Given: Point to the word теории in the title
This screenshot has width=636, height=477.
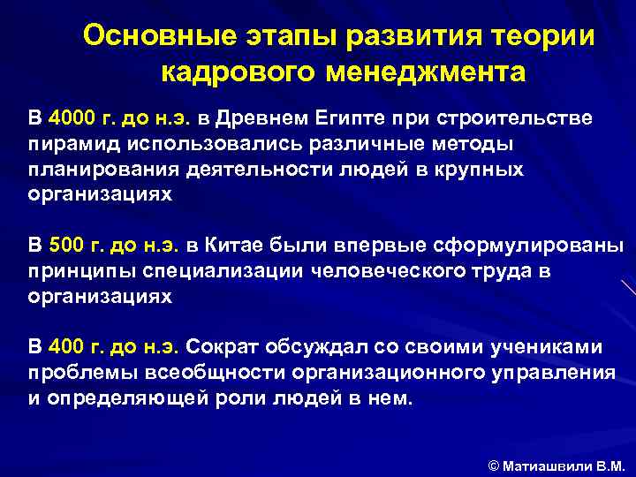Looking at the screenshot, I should [549, 37].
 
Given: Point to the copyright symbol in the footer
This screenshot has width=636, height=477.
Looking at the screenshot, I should [494, 465].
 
